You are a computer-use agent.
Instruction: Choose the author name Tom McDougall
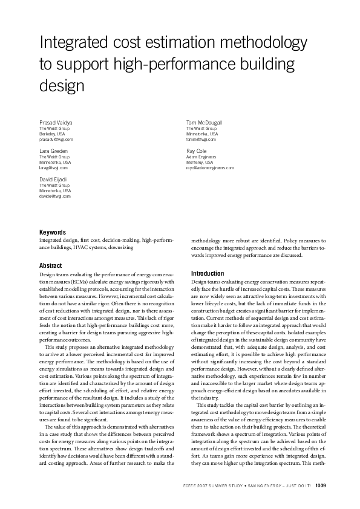205,122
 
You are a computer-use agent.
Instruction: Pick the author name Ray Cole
197,150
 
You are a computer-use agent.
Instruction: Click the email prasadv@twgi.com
55,139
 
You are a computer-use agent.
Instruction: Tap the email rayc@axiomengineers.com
210,167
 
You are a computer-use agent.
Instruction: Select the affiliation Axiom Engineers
201,157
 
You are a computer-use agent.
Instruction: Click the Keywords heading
53,232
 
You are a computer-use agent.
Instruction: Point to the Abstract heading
51,265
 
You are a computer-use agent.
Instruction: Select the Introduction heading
208,273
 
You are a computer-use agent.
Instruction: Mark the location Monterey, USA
200,162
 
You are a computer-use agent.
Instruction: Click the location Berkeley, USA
52,134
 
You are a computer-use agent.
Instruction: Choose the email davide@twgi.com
55,196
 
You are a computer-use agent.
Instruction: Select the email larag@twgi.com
54,167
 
